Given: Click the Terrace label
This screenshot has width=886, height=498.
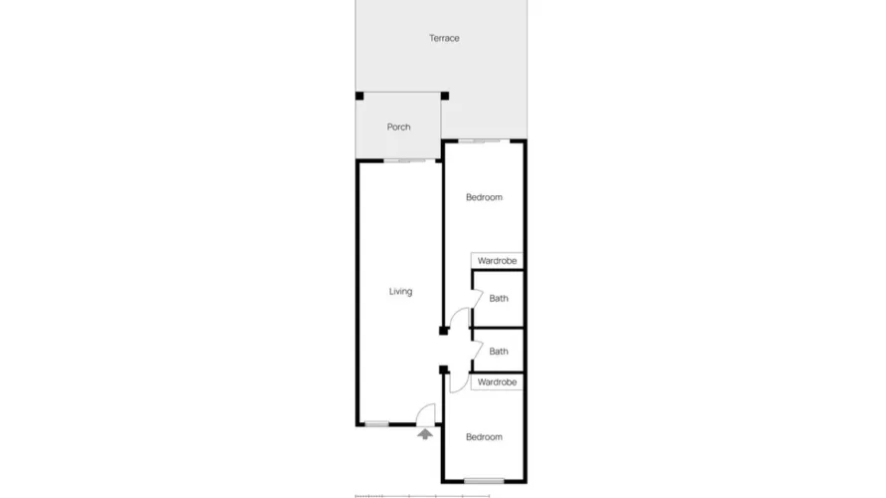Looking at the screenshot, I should [x=444, y=38].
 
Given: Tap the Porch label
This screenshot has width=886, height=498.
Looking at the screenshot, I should [x=398, y=127].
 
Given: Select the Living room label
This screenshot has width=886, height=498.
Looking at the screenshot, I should [x=400, y=292].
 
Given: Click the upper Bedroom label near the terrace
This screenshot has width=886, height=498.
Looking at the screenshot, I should [x=484, y=197].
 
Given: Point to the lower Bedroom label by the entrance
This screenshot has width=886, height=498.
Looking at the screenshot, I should [x=484, y=437].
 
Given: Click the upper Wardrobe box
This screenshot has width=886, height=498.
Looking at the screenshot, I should [x=497, y=261].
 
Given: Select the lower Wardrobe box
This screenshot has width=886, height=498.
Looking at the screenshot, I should [x=497, y=382].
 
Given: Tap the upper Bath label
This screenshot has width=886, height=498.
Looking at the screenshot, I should [x=499, y=298].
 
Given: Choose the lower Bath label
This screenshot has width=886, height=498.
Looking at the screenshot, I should [x=499, y=351].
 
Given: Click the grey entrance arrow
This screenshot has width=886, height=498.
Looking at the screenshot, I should [x=425, y=433].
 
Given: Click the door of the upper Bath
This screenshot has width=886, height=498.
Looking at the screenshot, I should [x=476, y=298].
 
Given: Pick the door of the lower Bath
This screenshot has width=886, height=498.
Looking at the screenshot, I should [x=476, y=350].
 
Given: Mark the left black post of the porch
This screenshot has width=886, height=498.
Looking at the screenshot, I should [x=359, y=97].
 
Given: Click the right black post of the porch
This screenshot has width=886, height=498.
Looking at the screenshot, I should [x=445, y=97].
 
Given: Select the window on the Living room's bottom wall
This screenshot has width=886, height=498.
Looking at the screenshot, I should [x=376, y=424].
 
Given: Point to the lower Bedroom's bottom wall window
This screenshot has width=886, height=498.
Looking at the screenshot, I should [x=484, y=481].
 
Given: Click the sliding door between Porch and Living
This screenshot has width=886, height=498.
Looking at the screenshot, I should [x=403, y=160].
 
